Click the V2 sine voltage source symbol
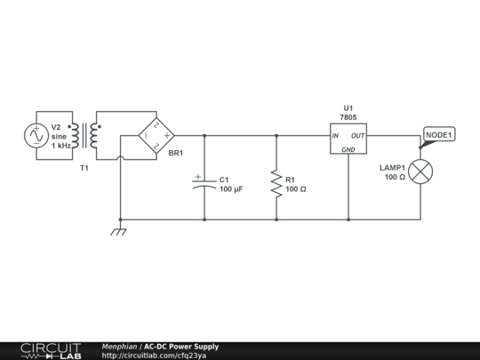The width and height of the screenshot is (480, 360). tap(35, 136)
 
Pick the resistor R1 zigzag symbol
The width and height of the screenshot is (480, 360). tap(276, 184)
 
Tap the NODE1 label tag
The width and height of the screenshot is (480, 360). tap(438, 135)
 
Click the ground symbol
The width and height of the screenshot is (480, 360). tap(119, 231)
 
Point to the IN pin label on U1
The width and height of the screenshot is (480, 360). tap(336, 136)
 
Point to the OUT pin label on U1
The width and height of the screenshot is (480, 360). tap(357, 136)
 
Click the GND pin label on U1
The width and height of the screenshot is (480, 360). tap(348, 150)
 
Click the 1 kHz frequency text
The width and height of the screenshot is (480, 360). tap(60, 146)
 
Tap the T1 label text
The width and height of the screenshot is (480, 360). tap(84, 167)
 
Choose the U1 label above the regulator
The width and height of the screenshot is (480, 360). tap(348, 108)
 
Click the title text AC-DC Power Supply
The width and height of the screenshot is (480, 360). tap(181, 346)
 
